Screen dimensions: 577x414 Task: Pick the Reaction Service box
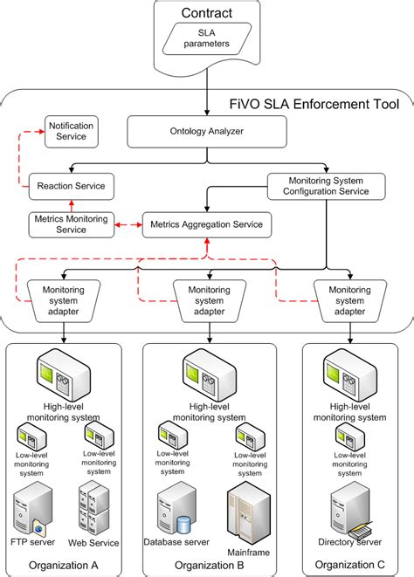click(x=72, y=185)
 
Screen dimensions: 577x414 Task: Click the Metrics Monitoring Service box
click(x=72, y=224)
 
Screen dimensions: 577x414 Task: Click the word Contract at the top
click(x=206, y=12)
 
